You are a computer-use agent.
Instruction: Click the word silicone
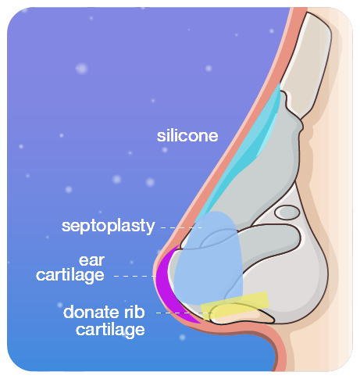click(187, 136)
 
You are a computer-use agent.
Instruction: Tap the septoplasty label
click(108, 226)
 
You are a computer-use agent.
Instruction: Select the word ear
click(91, 261)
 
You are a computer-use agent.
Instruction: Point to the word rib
click(134, 312)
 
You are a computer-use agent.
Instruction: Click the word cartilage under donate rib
click(110, 330)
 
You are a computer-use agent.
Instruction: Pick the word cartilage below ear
click(70, 275)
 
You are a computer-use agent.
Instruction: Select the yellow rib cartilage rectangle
click(235, 306)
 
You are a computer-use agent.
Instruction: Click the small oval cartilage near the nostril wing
click(287, 212)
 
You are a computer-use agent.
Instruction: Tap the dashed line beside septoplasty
click(181, 227)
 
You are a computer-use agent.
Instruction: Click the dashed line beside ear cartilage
click(135, 276)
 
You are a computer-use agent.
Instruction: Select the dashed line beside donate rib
click(184, 313)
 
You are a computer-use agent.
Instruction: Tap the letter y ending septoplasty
click(151, 228)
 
